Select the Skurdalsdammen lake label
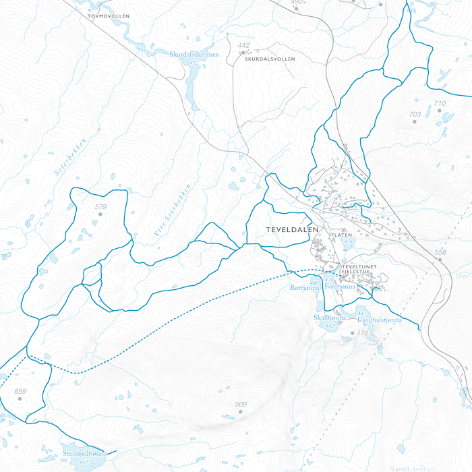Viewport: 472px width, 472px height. [194, 55]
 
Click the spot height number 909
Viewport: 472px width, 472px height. [241, 405]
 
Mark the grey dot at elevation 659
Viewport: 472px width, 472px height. [20, 399]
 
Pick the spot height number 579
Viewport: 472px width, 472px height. [101, 207]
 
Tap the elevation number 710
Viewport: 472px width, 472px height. [440, 103]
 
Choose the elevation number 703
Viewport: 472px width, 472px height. [415, 115]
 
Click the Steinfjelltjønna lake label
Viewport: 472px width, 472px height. [86, 454]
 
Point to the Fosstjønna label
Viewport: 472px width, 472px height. [339, 287]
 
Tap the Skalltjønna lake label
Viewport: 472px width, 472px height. [329, 318]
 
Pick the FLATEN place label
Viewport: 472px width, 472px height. [342, 235]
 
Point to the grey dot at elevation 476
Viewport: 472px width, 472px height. [351, 333]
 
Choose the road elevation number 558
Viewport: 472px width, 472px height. [440, 253]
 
